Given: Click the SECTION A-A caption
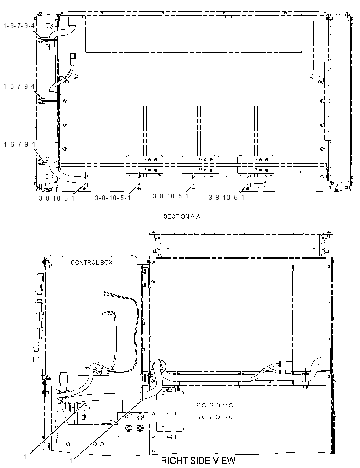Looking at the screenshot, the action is [x=182, y=216].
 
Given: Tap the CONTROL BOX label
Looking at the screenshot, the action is [x=92, y=263].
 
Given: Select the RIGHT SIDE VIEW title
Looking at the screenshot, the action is [x=198, y=460].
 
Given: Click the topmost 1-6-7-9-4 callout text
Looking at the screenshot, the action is [x=19, y=25].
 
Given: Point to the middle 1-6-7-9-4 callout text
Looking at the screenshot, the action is [x=19, y=86].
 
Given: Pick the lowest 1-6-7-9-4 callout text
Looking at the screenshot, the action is [x=19, y=144].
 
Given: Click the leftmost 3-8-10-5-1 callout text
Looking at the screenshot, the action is [x=57, y=198].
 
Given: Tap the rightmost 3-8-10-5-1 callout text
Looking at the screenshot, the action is [x=226, y=197].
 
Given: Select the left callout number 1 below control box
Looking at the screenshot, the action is [x=25, y=456].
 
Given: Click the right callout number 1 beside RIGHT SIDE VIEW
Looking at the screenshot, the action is [x=71, y=461].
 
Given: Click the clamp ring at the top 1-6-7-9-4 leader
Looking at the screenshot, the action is [x=40, y=40].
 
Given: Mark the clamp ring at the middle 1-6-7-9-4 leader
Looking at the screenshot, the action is [x=40, y=101].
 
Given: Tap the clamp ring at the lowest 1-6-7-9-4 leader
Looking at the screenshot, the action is [x=40, y=162].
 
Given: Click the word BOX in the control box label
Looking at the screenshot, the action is [x=106, y=263].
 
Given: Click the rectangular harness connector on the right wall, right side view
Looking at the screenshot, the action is [x=324, y=360].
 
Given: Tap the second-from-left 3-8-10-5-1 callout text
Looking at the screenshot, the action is [x=113, y=198].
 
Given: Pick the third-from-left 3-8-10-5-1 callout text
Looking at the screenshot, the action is [x=171, y=196].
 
